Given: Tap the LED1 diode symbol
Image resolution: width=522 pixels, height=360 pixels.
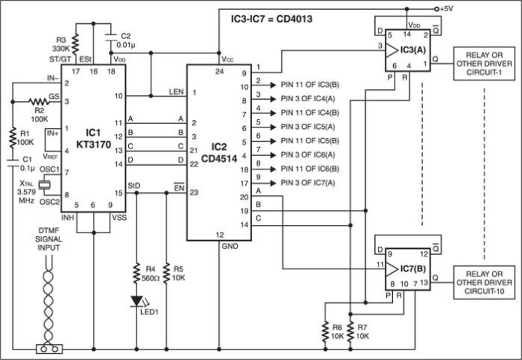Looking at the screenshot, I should tap(137, 301).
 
